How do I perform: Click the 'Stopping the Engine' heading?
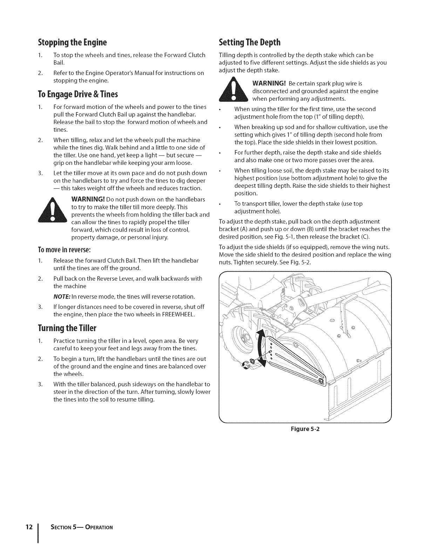(72, 43)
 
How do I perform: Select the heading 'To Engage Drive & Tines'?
(77, 94)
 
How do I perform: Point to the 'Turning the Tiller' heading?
(67, 328)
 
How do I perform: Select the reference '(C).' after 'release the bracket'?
(363, 237)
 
